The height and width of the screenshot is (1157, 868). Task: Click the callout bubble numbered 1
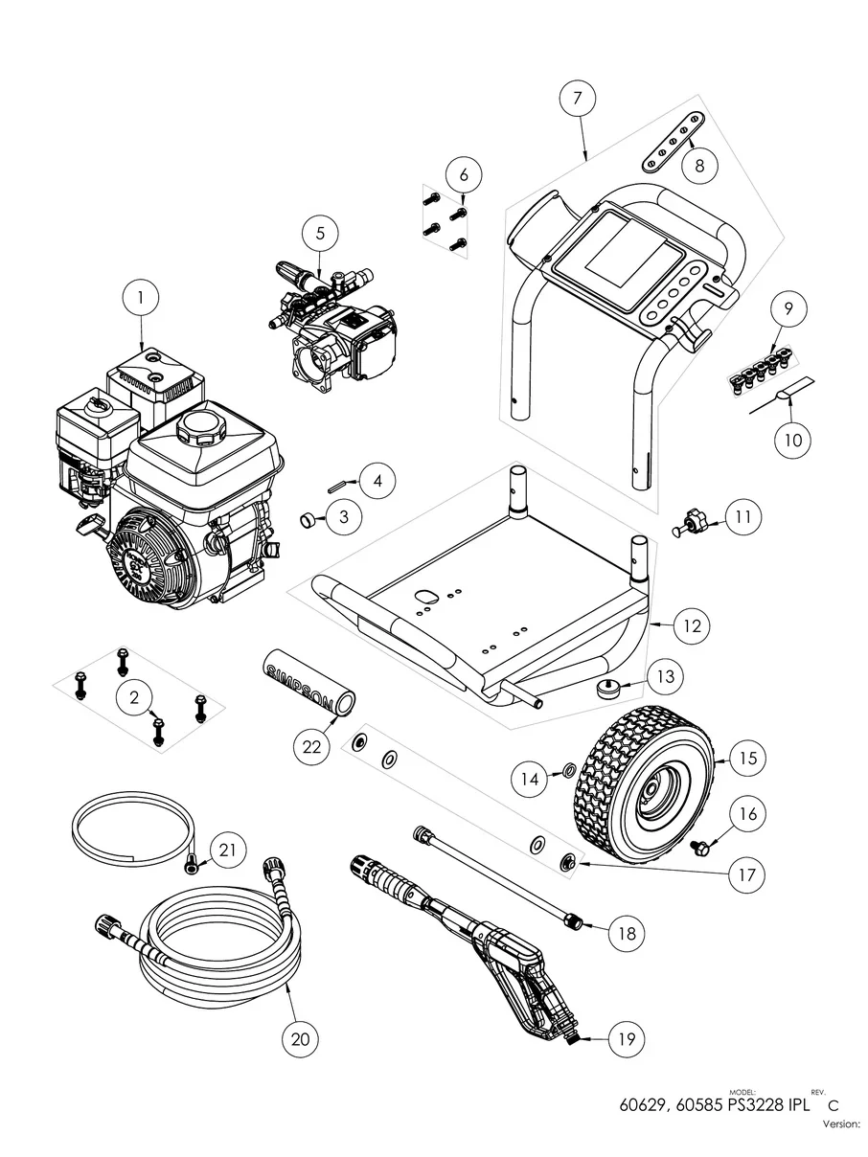coord(141,298)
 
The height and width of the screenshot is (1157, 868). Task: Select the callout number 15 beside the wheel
coord(747,758)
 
